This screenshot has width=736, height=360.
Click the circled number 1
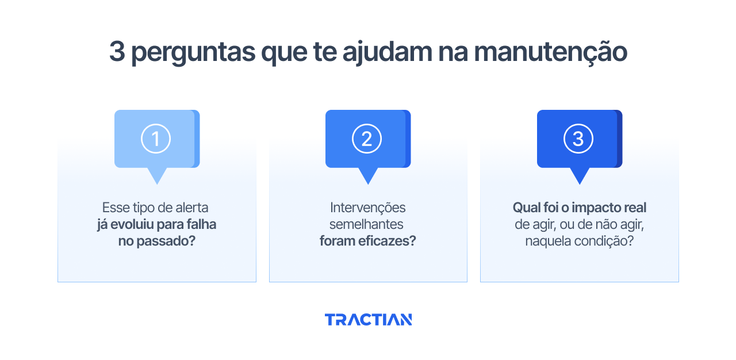[x=156, y=139]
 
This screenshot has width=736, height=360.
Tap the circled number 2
[x=367, y=139]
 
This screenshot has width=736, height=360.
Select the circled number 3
[x=578, y=139]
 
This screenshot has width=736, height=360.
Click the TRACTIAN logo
[x=368, y=320]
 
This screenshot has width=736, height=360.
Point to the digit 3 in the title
[x=117, y=52]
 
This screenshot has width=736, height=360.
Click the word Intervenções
[x=368, y=208]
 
